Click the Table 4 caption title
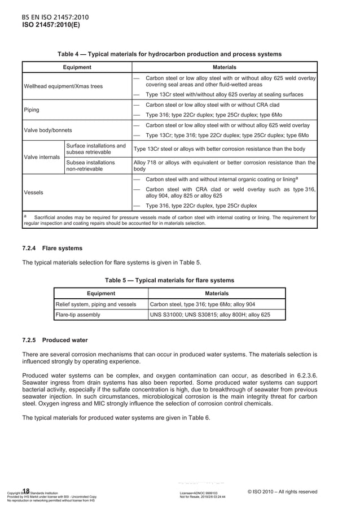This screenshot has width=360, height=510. pos(169,54)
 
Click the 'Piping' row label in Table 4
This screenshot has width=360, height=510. pos(32,110)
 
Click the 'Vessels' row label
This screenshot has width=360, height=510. pos(33,192)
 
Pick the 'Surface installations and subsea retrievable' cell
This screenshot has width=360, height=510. pos(96,149)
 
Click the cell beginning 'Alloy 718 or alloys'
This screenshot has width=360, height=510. pos(224,165)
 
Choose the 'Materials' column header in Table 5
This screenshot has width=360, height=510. pos(217,293)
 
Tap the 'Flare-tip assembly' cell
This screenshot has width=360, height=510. pos(78,315)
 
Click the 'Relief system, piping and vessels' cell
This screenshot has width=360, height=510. pos(95,304)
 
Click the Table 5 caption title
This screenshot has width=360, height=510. pos(169,280)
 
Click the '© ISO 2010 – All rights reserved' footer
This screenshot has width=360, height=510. pos(282,491)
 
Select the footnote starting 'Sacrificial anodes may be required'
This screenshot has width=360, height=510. pos(169,220)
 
